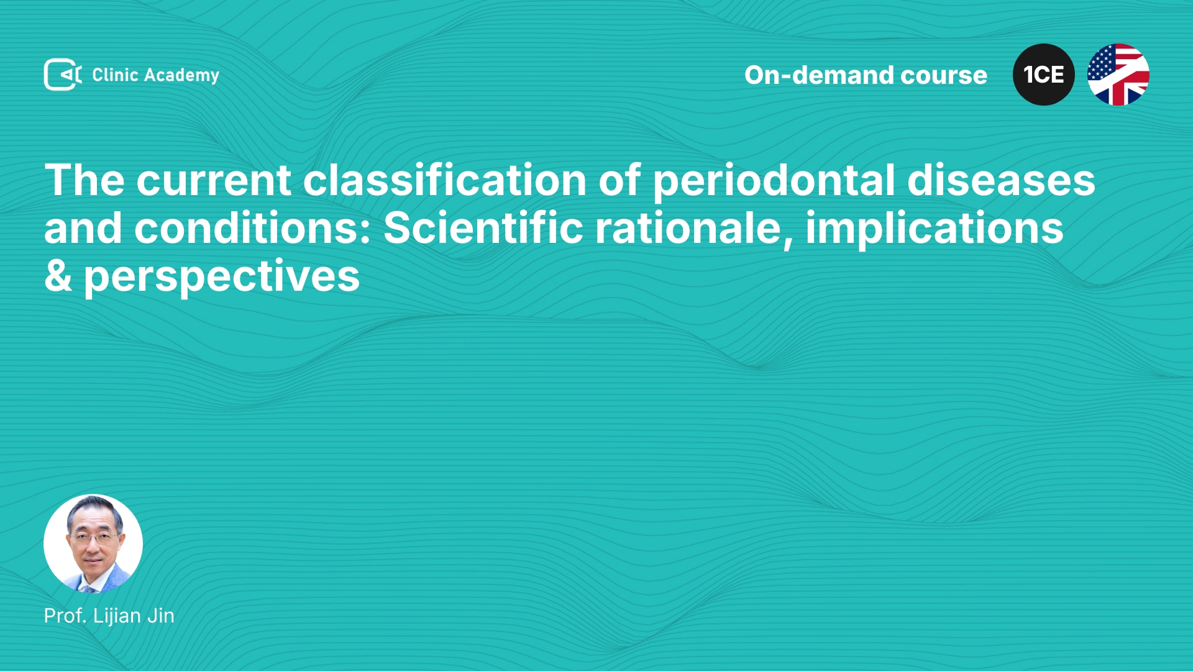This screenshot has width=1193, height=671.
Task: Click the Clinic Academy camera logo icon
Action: pos(63,75)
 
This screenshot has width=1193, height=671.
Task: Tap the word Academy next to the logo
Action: pos(181,76)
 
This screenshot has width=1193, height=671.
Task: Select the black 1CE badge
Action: pos(1044,75)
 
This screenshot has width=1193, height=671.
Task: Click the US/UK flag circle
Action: pos(1118,75)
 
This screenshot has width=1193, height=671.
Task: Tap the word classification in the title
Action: pos(444,180)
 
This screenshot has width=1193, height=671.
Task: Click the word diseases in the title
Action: pos(1001,180)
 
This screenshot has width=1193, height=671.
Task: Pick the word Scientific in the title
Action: pos(483,227)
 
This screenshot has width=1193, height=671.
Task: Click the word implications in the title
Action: pos(935,229)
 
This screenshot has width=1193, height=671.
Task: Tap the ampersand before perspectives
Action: pos(58,276)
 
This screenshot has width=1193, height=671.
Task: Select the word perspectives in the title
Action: pos(222,277)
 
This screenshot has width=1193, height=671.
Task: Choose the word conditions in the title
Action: pos(252,227)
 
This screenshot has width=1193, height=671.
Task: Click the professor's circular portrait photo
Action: pos(93,544)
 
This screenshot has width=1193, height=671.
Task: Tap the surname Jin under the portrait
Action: pos(161,616)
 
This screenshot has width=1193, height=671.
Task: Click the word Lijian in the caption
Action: pos(117,616)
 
